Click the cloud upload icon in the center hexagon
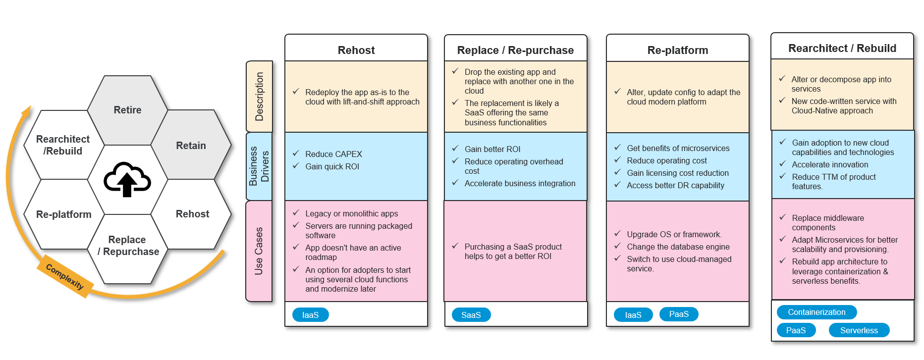(x=127, y=179)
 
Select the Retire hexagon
(x=127, y=110)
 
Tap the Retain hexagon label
(x=191, y=146)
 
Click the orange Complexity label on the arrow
(x=65, y=276)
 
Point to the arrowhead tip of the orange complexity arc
(x=29, y=107)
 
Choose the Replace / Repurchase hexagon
(x=128, y=246)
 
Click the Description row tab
(x=259, y=97)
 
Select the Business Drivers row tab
(x=259, y=166)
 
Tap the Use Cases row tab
(x=259, y=251)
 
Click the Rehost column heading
(x=356, y=50)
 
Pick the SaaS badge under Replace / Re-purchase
(x=471, y=315)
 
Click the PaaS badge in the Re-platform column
(x=679, y=314)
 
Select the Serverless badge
(x=859, y=330)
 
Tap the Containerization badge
(x=816, y=312)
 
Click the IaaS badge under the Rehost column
(x=310, y=315)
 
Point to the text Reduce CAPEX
(x=333, y=154)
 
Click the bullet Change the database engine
(x=678, y=247)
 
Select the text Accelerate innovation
(x=829, y=164)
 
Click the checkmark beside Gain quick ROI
(x=296, y=166)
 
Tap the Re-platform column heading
(x=677, y=50)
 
